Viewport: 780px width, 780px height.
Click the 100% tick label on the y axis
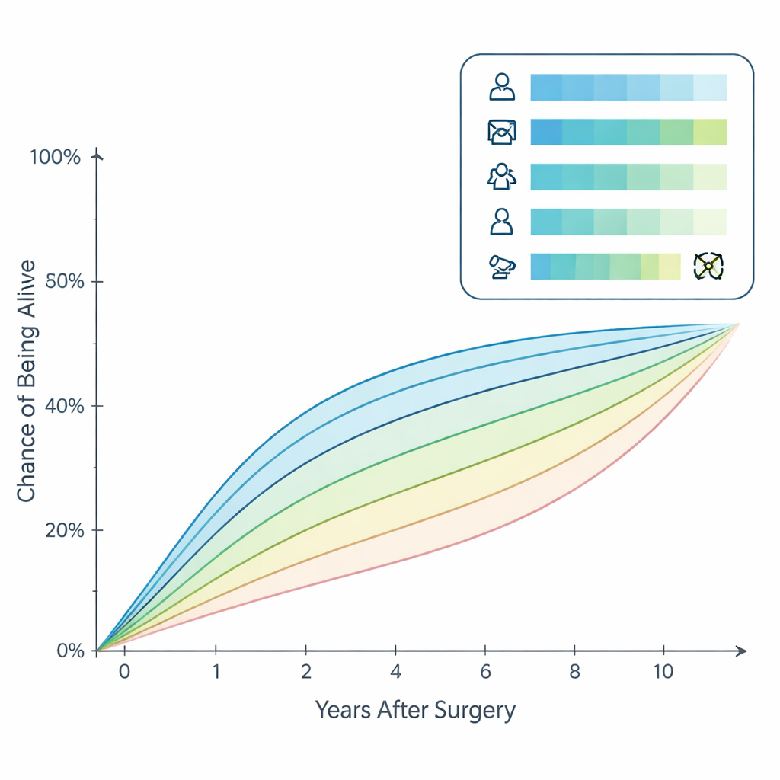(x=55, y=158)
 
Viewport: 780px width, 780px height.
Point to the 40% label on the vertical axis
(x=60, y=405)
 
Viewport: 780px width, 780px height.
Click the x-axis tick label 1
(x=216, y=673)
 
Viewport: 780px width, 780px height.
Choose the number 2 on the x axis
(x=306, y=673)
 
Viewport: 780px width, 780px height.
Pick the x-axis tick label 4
(x=395, y=673)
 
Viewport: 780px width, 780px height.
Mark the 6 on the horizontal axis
(x=484, y=673)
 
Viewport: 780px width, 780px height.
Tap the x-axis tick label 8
(x=574, y=673)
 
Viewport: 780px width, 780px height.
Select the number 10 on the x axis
(x=663, y=673)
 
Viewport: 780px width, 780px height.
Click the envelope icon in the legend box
(x=501, y=133)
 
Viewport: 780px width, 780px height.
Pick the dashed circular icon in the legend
(x=708, y=266)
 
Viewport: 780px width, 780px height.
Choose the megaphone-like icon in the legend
(x=501, y=266)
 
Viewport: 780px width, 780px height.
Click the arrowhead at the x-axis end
(x=741, y=651)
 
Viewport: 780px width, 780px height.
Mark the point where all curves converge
(x=738, y=324)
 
